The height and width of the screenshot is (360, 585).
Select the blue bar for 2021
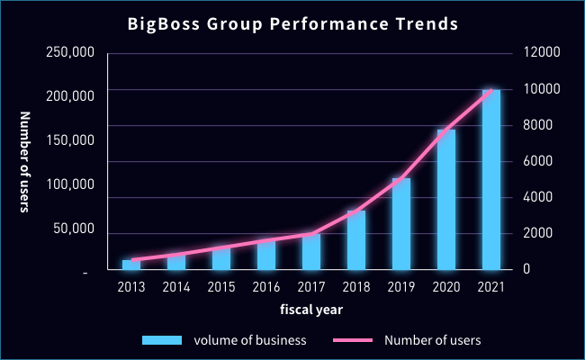(490, 180)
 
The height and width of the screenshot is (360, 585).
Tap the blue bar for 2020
(445, 200)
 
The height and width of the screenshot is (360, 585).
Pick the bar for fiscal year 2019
(400, 224)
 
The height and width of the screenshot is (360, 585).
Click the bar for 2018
(356, 240)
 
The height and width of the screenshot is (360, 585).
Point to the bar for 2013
(131, 265)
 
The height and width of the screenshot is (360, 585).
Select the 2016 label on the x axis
(266, 286)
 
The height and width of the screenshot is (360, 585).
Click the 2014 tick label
(176, 286)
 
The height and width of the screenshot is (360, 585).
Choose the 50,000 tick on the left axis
(72, 229)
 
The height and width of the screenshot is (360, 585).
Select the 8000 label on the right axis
(541, 126)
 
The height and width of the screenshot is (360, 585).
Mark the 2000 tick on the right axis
(541, 234)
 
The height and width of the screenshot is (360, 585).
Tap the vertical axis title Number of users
(25, 162)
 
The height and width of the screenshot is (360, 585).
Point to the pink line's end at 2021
(490, 90)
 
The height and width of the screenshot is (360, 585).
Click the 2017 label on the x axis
(311, 286)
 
